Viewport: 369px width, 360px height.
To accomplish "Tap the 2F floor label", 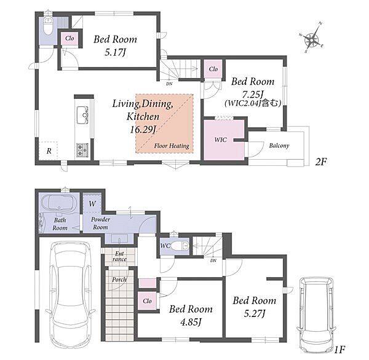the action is click(x=321, y=162).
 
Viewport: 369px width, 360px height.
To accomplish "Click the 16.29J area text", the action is click(x=143, y=130).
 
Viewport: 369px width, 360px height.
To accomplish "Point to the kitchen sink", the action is click(x=82, y=114).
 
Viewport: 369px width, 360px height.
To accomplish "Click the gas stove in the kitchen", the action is click(x=82, y=151).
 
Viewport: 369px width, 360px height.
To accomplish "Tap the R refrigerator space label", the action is click(x=49, y=151).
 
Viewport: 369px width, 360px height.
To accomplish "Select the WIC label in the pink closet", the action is click(x=221, y=139).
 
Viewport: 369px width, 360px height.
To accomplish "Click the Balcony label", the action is click(x=279, y=146).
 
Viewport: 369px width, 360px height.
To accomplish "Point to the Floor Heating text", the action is click(x=172, y=146).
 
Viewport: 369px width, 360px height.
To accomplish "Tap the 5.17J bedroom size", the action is click(x=115, y=52).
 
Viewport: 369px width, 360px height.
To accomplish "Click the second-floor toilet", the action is click(x=48, y=26).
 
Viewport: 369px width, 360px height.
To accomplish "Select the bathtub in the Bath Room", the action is click(x=59, y=202).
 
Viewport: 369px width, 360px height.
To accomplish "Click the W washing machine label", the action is click(x=92, y=203).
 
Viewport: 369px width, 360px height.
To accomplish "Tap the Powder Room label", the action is click(x=100, y=223).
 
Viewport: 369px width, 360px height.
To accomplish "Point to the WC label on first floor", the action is click(x=165, y=246).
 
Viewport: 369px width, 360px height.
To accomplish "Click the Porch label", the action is click(x=119, y=280).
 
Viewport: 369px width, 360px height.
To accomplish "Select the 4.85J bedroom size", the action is click(x=191, y=322).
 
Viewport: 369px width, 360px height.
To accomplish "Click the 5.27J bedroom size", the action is click(x=255, y=313).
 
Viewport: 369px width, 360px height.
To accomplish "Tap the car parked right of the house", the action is click(x=315, y=315).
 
